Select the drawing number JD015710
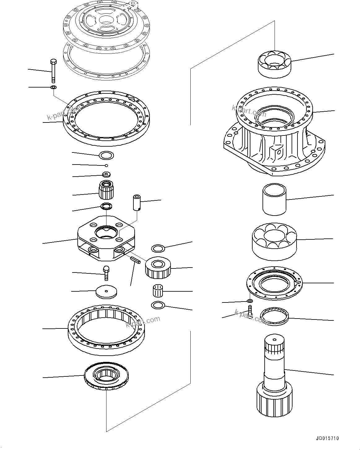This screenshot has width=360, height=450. [327, 438]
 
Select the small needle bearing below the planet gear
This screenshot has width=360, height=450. [158, 291]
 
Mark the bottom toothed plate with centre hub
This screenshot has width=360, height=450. [106, 376]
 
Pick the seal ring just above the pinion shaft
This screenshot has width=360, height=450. [275, 316]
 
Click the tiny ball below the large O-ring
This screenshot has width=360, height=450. [106, 165]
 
